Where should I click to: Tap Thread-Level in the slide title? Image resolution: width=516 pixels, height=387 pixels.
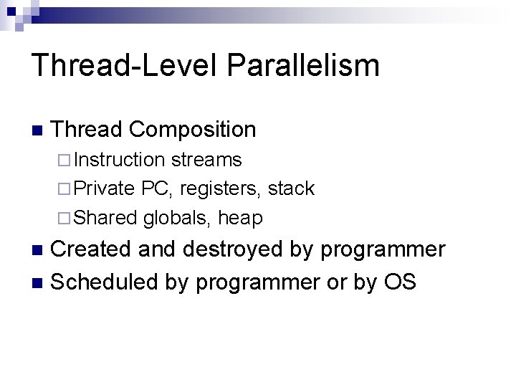click(125, 64)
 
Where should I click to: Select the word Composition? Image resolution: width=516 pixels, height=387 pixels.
click(193, 130)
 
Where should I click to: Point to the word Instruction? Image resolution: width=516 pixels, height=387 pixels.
click(119, 159)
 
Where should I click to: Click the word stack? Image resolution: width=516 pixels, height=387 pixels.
click(291, 188)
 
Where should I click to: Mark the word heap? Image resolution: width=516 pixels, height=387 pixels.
click(240, 218)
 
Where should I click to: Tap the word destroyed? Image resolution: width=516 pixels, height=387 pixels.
click(228, 249)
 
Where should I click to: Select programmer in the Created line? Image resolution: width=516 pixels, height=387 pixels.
click(382, 250)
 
